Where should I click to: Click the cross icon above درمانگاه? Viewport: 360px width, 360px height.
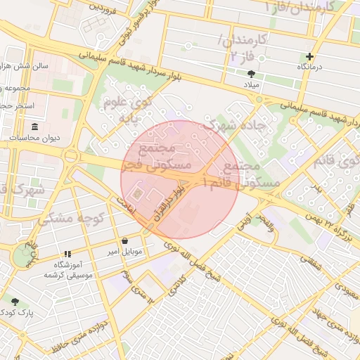(309, 56)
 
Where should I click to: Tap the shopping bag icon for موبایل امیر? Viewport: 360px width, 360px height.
(124, 240)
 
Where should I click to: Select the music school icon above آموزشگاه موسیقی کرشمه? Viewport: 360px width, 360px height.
(67, 254)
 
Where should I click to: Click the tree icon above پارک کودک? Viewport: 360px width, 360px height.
(15, 301)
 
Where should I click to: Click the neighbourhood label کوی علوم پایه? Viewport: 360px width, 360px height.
(127, 110)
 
